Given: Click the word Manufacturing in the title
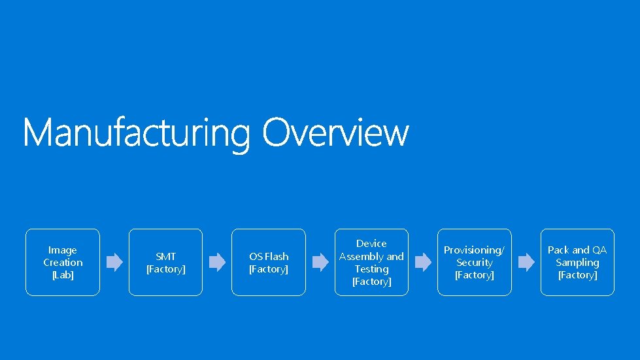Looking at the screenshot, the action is (136, 133).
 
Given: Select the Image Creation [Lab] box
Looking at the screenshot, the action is (63, 262).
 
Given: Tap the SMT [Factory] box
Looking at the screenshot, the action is (165, 262).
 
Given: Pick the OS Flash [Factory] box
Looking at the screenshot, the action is (269, 262).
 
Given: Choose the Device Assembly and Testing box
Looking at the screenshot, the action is (371, 262).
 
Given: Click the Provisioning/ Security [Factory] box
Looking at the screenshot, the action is (474, 262).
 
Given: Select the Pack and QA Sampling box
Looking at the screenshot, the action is (577, 262).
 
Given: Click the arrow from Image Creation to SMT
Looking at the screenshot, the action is (114, 263).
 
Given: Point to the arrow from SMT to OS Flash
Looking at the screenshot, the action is (217, 263).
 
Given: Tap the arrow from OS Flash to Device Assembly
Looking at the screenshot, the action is (320, 263).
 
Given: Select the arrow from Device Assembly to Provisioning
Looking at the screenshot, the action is (423, 263).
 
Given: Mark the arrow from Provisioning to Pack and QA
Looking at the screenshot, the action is (526, 263).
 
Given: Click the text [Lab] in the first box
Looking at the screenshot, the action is (63, 275).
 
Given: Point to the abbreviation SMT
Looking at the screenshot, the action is (165, 256).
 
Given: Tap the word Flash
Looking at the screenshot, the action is (277, 256).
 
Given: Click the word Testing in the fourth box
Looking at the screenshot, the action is (371, 269).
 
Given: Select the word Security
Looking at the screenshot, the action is (475, 262).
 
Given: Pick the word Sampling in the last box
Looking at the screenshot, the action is (577, 262).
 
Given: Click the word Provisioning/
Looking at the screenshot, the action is (474, 250).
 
